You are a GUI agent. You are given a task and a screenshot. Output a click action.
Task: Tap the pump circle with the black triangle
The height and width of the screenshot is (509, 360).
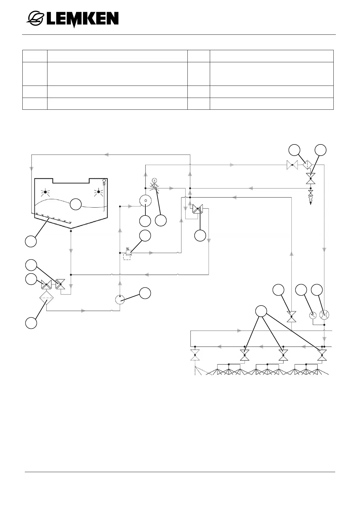point(120,300)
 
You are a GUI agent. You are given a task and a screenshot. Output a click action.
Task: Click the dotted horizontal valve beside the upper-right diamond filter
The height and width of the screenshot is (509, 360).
point(292,165)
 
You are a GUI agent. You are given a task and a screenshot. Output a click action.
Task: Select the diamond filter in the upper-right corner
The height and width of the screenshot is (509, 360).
point(307,165)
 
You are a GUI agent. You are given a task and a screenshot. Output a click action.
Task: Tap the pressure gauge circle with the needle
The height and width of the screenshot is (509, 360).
point(313,315)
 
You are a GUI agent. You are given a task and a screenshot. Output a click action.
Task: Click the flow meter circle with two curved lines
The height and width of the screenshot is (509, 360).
point(324,315)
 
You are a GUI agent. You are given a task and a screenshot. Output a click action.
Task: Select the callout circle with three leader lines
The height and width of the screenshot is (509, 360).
point(261,311)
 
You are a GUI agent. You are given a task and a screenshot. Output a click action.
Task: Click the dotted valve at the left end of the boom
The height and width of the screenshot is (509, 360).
point(195,355)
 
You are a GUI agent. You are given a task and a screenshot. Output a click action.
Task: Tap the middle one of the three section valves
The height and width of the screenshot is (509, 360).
point(283,355)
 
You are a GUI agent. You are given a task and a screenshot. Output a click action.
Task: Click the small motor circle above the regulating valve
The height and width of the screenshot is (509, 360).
point(154,180)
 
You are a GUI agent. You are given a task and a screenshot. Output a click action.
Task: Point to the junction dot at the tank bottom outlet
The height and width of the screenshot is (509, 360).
point(71,231)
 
